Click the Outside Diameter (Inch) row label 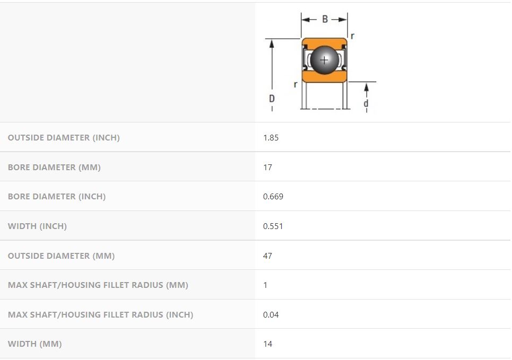(x=64, y=137)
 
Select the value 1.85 (x=271, y=138)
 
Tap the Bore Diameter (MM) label (x=54, y=167)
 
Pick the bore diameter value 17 (x=267, y=168)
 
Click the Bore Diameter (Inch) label (x=57, y=197)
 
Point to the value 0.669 (x=273, y=197)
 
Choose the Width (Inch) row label (x=37, y=226)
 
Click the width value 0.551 (x=273, y=226)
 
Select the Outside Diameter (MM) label (x=62, y=256)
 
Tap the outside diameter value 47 (x=267, y=256)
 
